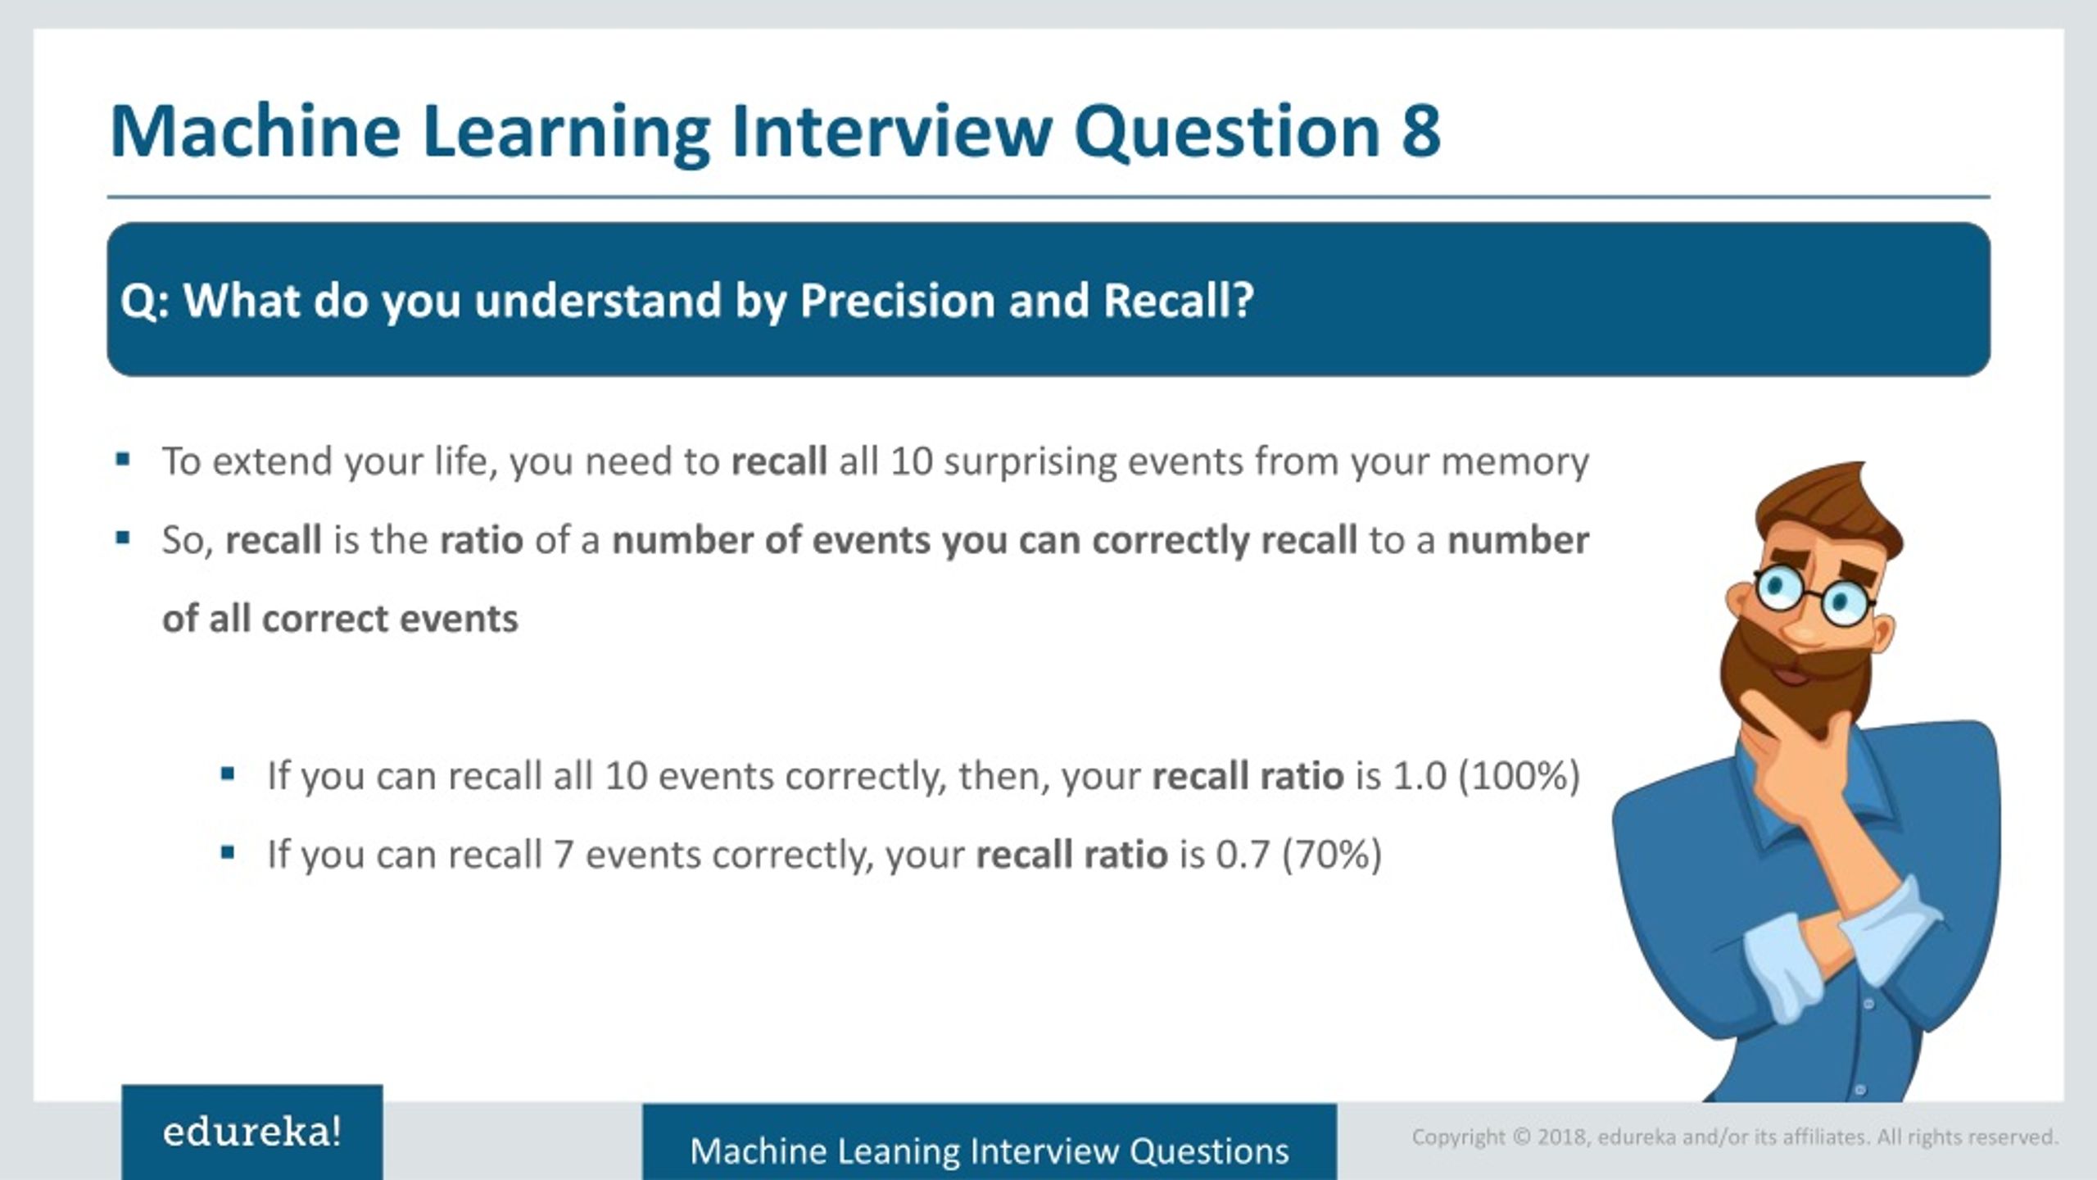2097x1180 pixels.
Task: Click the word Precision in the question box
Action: click(x=897, y=300)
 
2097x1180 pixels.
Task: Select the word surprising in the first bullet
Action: click(x=1030, y=462)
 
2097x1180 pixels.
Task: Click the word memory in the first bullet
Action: click(x=1515, y=462)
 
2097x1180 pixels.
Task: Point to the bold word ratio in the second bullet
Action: click(x=481, y=540)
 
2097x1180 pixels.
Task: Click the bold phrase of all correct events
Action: click(x=340, y=619)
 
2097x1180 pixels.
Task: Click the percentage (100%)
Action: click(x=1519, y=776)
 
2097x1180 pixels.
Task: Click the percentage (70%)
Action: click(x=1332, y=855)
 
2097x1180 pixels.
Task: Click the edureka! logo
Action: click(x=251, y=1132)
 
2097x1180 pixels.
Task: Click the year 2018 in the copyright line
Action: click(x=1561, y=1137)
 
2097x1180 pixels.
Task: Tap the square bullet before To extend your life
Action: click(x=124, y=459)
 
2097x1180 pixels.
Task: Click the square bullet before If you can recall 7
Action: click(x=229, y=853)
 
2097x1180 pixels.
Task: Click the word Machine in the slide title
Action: click(x=255, y=131)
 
